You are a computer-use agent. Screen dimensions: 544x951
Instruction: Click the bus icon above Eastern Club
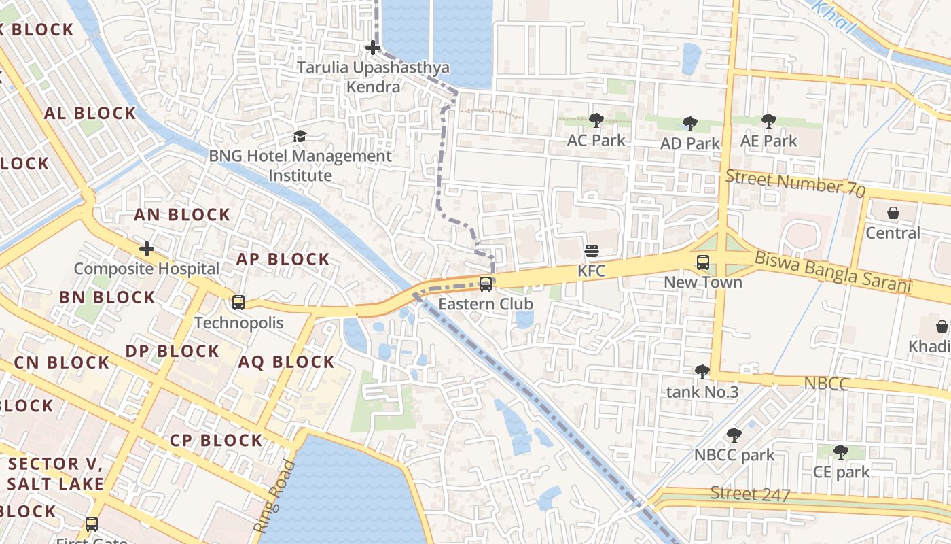tap(486, 284)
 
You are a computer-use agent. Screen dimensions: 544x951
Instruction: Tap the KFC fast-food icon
tap(591, 251)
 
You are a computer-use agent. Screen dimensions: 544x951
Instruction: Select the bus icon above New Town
tap(703, 262)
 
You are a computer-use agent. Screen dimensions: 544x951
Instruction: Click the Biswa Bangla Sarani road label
tap(832, 271)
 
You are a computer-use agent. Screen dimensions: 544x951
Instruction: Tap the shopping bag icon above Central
tap(893, 213)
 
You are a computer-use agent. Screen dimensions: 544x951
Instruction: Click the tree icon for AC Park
tap(596, 121)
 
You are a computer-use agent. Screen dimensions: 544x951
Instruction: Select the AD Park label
tap(689, 143)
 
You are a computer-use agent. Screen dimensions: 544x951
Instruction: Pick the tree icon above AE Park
tap(768, 121)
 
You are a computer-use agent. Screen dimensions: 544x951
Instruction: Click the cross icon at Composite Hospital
tap(146, 249)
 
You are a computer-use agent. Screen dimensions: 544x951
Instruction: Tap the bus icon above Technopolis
tap(238, 302)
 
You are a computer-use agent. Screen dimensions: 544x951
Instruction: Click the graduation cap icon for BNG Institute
tap(300, 136)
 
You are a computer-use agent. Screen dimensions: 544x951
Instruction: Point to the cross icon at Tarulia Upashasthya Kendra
tap(372, 48)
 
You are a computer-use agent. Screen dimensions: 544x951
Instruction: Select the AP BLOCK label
tap(283, 259)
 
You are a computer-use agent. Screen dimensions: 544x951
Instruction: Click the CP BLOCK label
tap(216, 441)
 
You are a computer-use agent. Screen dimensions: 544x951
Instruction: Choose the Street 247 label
tap(750, 494)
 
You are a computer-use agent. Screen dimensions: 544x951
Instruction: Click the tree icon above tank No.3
tap(702, 372)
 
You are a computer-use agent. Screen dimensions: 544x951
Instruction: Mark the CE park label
tap(841, 472)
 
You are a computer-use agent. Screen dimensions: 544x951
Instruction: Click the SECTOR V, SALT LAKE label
tap(56, 474)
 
